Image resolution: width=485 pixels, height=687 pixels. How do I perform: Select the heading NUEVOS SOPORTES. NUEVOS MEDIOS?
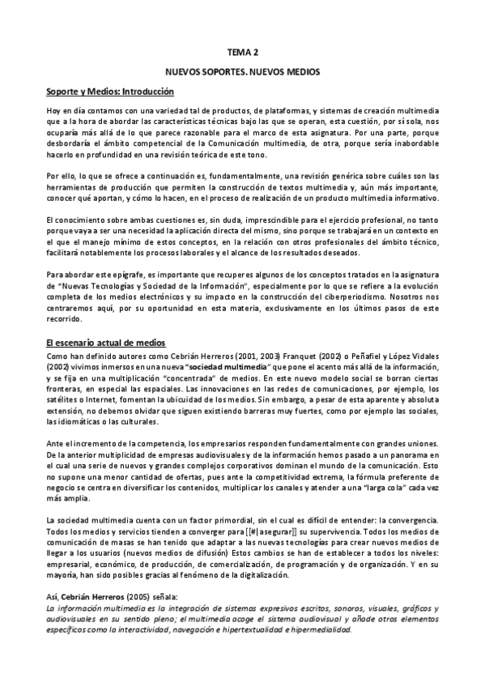tap(243, 72)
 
